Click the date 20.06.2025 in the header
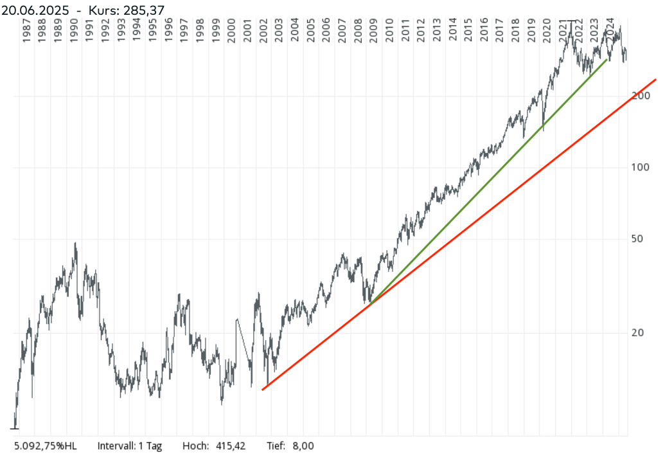point(35,10)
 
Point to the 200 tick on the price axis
point(641,96)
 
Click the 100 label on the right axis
point(641,167)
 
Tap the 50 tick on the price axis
point(638,239)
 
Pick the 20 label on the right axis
point(638,332)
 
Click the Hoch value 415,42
point(232,446)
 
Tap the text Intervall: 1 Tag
point(130,446)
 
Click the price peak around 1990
point(75,244)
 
